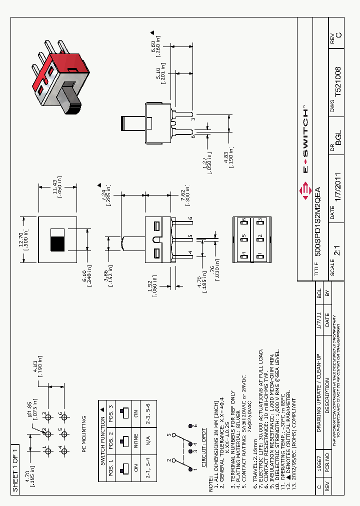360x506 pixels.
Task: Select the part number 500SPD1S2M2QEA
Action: pyautogui.click(x=318, y=221)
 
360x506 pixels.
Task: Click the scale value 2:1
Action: pyautogui.click(x=336, y=264)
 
